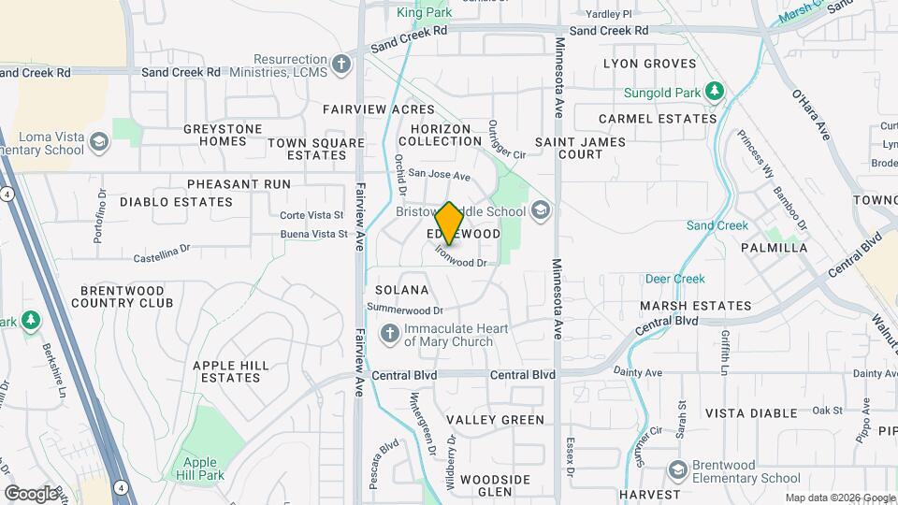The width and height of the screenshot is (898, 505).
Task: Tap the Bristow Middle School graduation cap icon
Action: pos(541,210)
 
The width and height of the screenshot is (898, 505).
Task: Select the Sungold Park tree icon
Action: pos(716,91)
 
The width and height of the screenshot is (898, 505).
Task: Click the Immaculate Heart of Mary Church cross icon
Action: pos(390,334)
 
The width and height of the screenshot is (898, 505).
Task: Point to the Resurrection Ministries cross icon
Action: pos(342,65)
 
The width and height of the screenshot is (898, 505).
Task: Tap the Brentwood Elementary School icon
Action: pos(679,470)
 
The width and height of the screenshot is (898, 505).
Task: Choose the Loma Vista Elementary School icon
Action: pos(100,142)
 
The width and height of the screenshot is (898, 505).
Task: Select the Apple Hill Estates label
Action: pos(230,371)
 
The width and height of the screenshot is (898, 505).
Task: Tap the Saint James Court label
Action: pos(568,148)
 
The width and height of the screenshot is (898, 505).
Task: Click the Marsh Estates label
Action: pos(695,306)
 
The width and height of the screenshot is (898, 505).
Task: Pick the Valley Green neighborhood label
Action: pos(495,420)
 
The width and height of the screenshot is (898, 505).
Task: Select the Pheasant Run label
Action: pos(239,184)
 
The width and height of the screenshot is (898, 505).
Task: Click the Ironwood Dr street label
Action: pos(461,262)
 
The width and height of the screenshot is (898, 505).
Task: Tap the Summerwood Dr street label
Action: pos(404,310)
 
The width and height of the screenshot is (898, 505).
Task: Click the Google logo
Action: pos(31,493)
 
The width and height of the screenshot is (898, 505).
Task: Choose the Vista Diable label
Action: pos(752,412)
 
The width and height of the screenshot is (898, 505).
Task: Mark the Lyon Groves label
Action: pos(650,64)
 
